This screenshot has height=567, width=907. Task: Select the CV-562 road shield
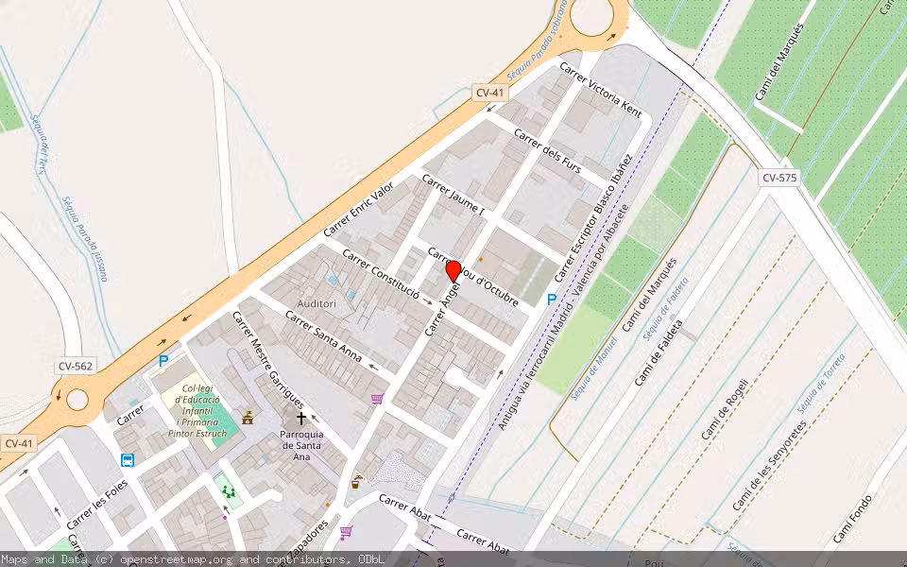(x=73, y=367)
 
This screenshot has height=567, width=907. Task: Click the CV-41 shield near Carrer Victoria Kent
(x=489, y=93)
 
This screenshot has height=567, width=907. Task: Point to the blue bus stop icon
(x=128, y=460)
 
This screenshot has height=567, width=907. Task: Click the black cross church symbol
(x=301, y=417)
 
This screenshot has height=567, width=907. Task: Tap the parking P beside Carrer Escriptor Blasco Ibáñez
(x=552, y=299)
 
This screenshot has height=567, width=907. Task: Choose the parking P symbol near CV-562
(x=163, y=360)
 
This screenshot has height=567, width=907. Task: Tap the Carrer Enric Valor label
(x=358, y=209)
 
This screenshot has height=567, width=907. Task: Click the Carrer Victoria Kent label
(x=601, y=91)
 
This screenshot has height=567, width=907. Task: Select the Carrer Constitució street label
(x=380, y=274)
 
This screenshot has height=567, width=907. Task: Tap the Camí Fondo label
(x=852, y=520)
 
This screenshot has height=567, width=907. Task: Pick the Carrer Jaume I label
(x=453, y=195)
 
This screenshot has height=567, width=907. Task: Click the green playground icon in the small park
(x=227, y=490)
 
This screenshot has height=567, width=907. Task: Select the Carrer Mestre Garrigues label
(x=268, y=358)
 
